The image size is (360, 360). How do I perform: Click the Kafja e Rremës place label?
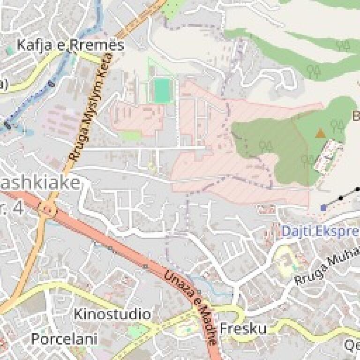[70, 45]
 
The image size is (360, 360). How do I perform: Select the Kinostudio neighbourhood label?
[112, 314]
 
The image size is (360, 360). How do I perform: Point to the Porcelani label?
[64, 338]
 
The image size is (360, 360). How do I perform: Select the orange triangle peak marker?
[321, 134]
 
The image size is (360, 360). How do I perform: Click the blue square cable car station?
[323, 207]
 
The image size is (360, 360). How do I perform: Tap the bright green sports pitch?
[162, 90]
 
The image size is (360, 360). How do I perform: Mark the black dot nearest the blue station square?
[341, 198]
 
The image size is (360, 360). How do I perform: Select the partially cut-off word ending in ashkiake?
[40, 183]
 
